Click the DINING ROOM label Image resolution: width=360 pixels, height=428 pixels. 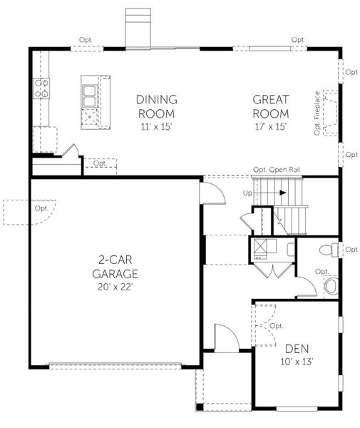tap(156, 106)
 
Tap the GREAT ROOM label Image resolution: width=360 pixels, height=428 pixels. tap(269, 106)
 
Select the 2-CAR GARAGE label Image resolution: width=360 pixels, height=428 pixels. tap(114, 267)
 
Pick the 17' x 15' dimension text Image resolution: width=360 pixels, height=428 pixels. tap(269, 127)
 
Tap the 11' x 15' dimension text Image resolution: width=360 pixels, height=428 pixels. tap(156, 127)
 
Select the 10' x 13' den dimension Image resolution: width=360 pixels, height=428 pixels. tap(296, 362)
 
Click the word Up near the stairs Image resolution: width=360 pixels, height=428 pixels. tap(247, 193)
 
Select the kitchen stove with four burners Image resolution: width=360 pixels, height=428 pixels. tap(41, 88)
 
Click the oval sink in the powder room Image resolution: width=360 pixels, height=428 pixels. tap(331, 286)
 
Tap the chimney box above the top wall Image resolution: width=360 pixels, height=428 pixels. tap(137, 27)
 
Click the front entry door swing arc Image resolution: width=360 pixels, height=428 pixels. tap(222, 337)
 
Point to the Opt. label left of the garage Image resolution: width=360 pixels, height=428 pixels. tap(41, 208)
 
